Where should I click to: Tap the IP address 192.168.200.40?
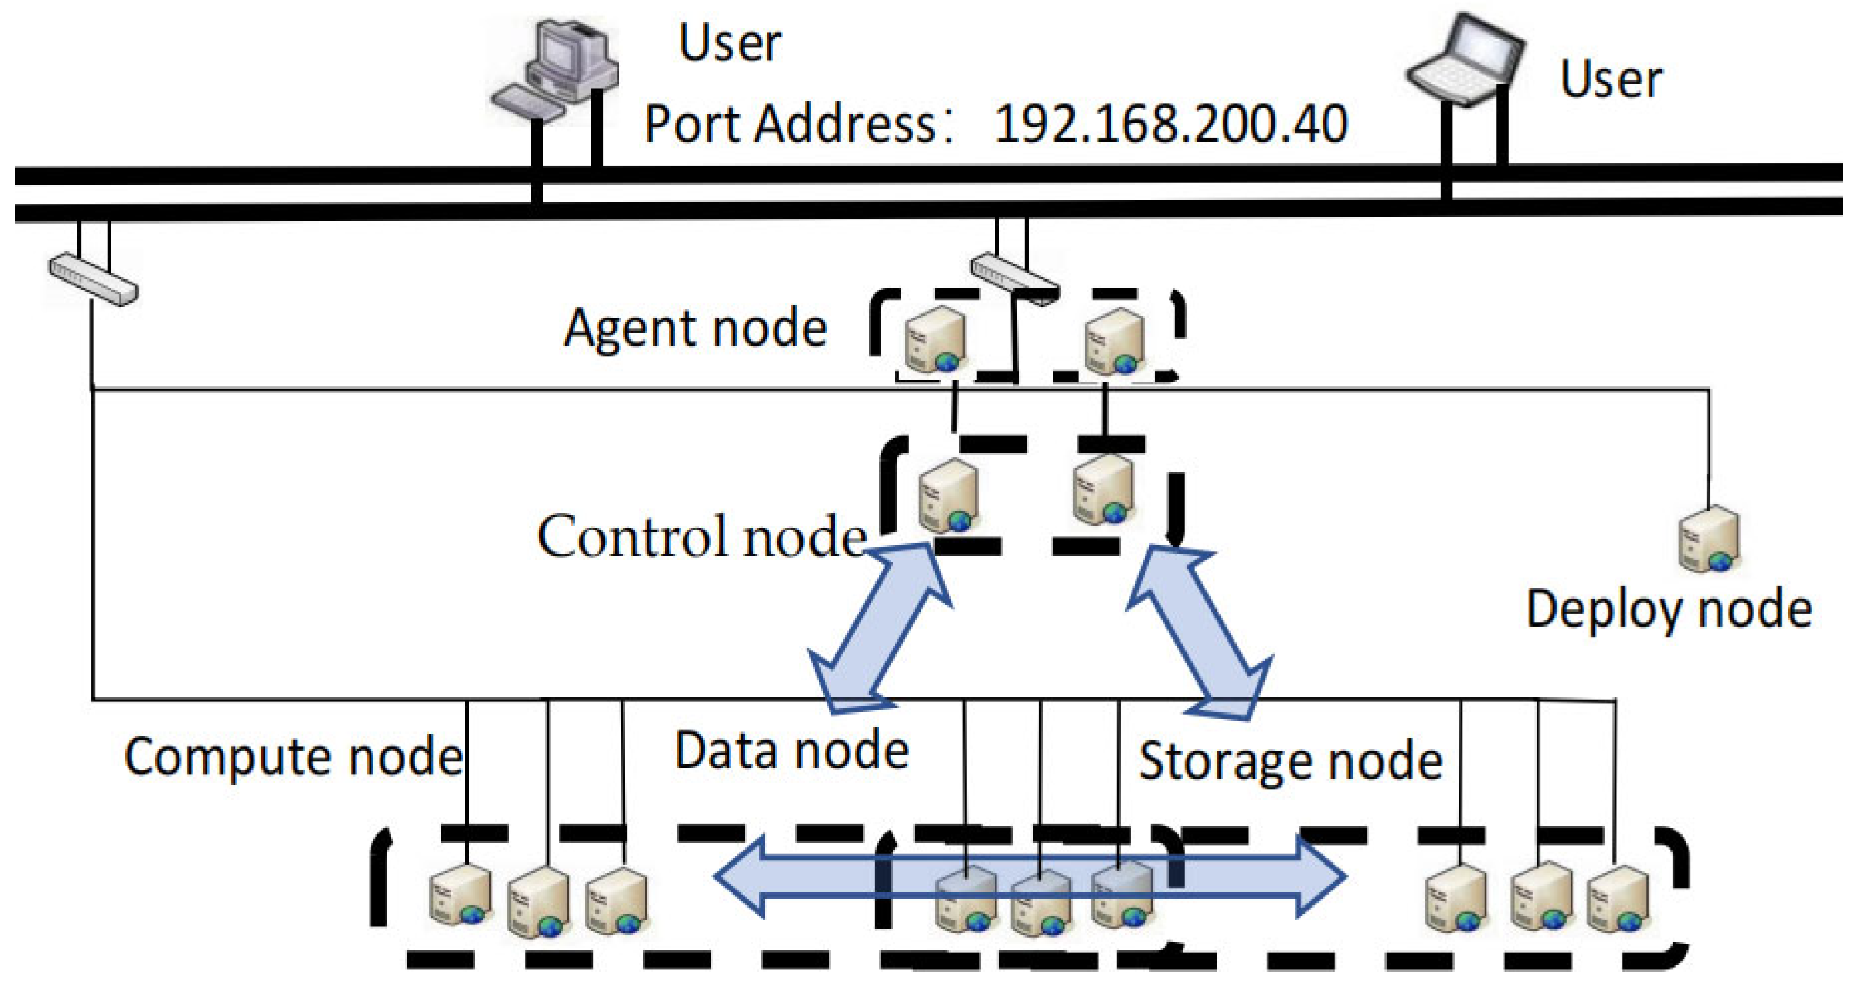[1170, 124]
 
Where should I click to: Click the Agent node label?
[695, 328]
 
